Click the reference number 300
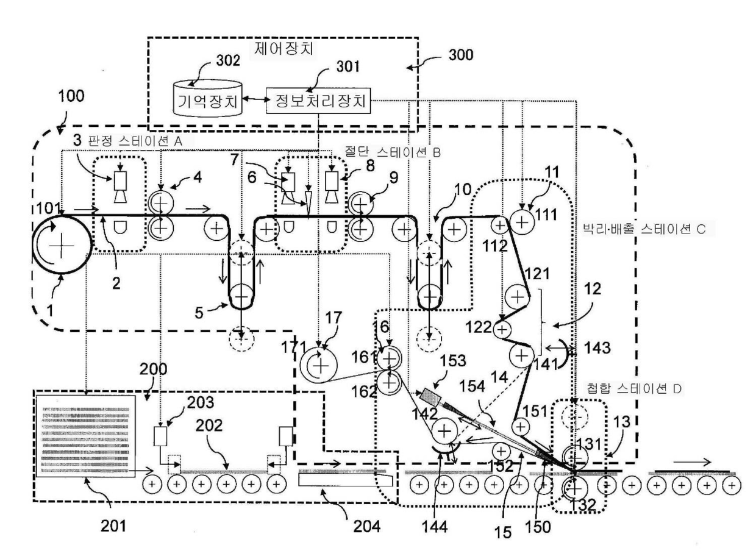click(x=460, y=55)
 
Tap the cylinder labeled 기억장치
click(x=207, y=98)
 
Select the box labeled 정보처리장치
click(x=318, y=101)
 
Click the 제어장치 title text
click(x=283, y=49)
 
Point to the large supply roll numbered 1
click(x=62, y=244)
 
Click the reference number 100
click(x=71, y=96)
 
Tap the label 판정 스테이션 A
click(x=135, y=141)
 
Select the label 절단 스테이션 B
click(x=392, y=152)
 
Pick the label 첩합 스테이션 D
click(x=634, y=388)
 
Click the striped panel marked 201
click(x=86, y=436)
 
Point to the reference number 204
click(x=366, y=527)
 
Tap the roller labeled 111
click(x=522, y=223)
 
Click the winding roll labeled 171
click(x=319, y=366)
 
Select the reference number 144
click(x=434, y=527)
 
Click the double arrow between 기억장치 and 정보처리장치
click(x=254, y=99)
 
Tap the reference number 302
click(x=228, y=60)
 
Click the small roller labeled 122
click(x=502, y=329)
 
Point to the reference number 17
click(x=333, y=318)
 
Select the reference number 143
click(x=597, y=348)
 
